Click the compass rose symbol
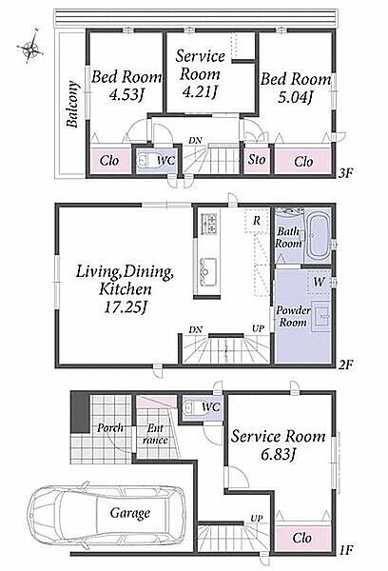tap(30, 47)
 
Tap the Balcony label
tap(72, 104)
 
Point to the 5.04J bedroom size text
tap(296, 97)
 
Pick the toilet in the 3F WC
tap(145, 161)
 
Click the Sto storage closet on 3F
tap(257, 160)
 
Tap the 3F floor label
tap(345, 172)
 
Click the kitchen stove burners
tap(209, 223)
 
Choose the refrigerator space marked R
tap(257, 221)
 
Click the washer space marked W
tap(320, 282)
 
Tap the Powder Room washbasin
tap(320, 317)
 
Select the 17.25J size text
tap(126, 307)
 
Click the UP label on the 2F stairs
tap(258, 329)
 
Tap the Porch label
tap(110, 427)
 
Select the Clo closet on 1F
tap(302, 538)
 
